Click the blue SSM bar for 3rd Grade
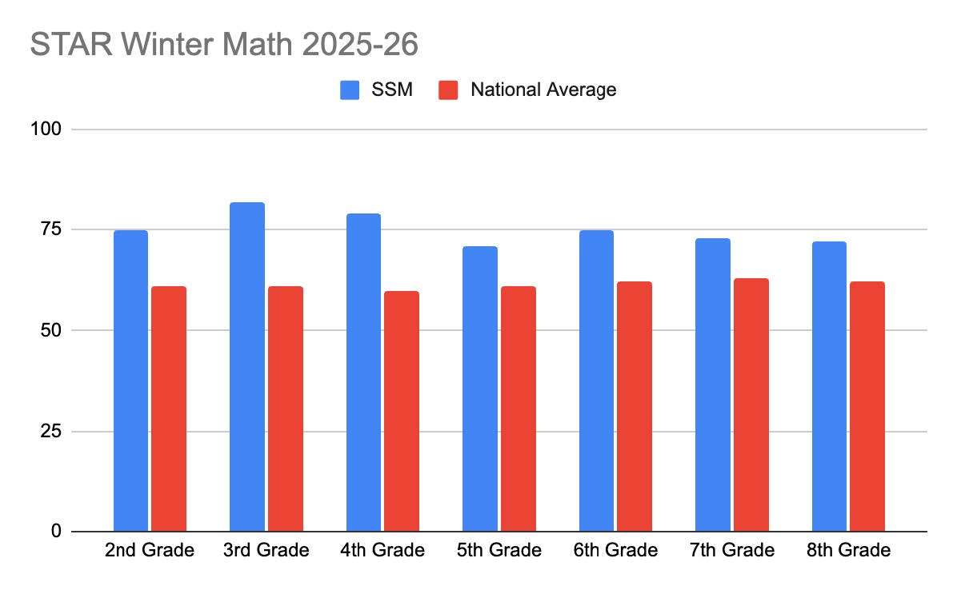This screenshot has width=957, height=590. pos(246,367)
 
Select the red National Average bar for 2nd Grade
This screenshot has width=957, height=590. pos(169,409)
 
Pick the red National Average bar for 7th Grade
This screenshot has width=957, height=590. pos(751,405)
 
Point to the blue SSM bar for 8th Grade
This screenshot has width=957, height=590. pos(829,386)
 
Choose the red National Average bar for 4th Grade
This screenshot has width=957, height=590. pos(402,411)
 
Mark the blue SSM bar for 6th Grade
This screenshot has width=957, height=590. pos(596,381)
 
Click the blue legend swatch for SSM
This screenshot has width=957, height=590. pos(350,90)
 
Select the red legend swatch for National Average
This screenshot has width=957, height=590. pos(448,90)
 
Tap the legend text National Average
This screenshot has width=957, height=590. pos(543,90)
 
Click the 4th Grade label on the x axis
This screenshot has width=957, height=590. pos(382,551)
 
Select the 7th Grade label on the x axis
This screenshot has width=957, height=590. pos(732,551)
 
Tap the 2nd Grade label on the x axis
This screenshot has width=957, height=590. pos(150,551)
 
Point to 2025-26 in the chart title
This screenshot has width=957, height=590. pos(360,45)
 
